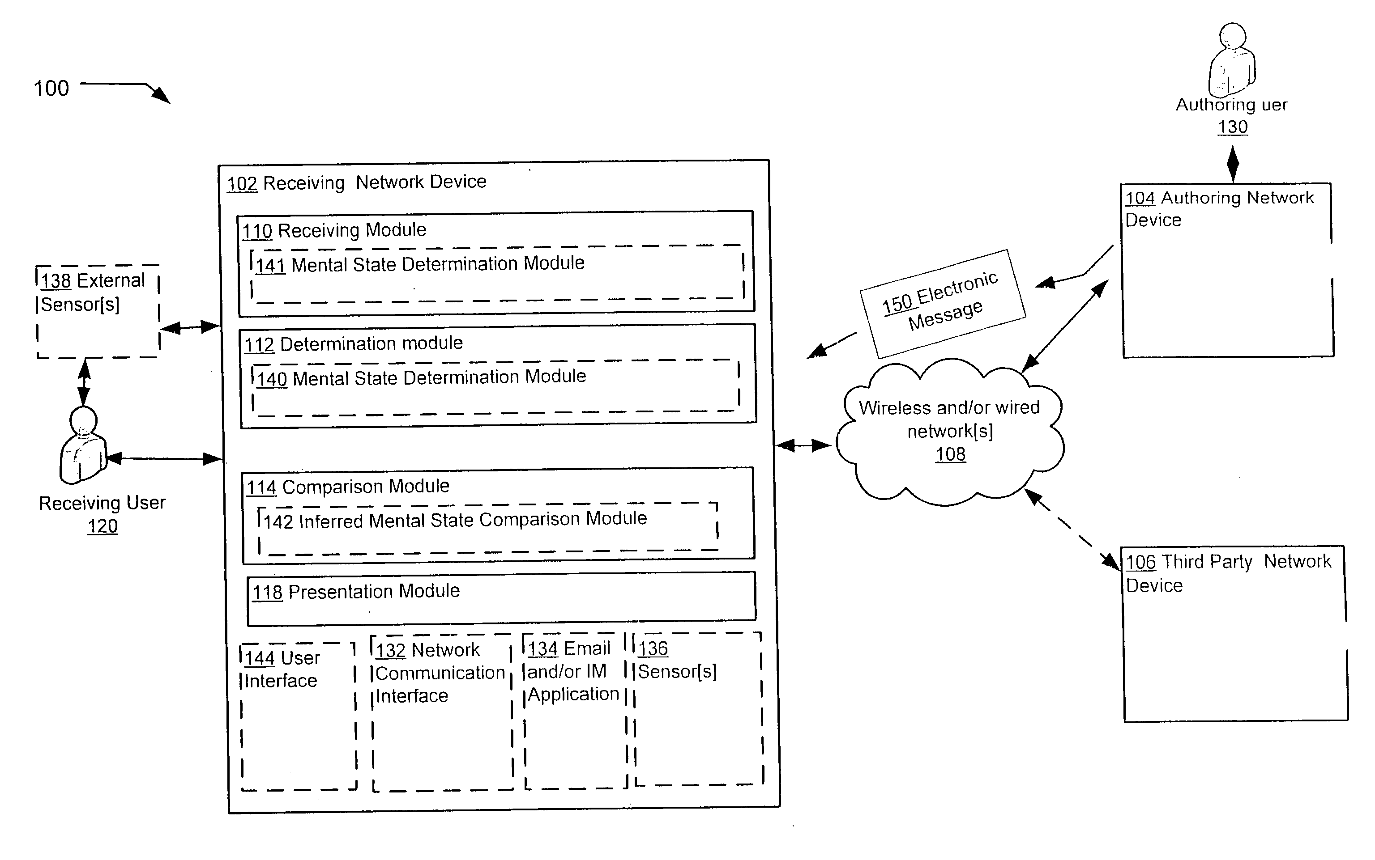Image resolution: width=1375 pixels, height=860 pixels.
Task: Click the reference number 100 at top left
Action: click(x=51, y=88)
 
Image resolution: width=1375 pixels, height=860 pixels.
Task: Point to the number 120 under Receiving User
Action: click(x=102, y=526)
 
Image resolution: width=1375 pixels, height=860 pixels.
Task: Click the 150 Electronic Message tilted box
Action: click(x=943, y=304)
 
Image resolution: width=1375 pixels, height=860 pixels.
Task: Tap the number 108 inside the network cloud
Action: click(x=950, y=454)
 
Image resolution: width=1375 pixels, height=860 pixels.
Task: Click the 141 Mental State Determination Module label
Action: click(x=420, y=264)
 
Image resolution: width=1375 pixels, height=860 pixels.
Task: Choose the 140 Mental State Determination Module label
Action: click(x=422, y=377)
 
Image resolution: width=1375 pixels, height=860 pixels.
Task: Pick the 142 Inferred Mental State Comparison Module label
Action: click(x=455, y=519)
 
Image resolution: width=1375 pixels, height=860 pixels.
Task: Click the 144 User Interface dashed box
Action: click(x=299, y=716)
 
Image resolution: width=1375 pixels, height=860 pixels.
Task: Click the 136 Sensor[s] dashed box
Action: click(x=698, y=709)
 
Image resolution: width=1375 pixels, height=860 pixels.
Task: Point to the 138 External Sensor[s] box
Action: click(x=98, y=311)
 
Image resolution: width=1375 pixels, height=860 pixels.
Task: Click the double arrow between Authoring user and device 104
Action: click(x=1233, y=164)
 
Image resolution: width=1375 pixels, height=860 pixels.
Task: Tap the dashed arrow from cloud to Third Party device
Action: click(x=1072, y=529)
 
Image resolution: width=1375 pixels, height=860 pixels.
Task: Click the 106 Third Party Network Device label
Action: click(x=1229, y=573)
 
